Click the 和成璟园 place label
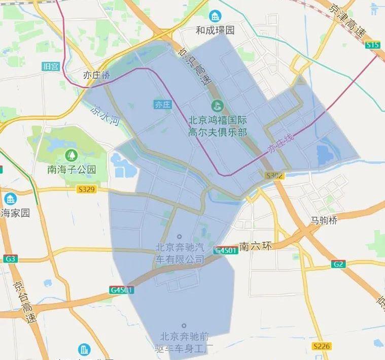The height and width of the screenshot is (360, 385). pos(216,30)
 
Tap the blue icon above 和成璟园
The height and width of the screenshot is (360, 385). pos(216,16)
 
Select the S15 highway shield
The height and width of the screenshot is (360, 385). pos(373,45)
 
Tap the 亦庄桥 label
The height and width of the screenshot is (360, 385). pos(96,75)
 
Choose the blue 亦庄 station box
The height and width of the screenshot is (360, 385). pos(162,105)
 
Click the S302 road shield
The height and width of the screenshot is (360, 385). pos(274,176)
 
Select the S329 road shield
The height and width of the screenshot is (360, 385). pos(86,189)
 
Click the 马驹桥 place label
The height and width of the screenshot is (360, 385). pos(324,220)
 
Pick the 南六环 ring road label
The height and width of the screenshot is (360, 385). pos(256,246)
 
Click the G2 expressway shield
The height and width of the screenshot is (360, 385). pos(338,264)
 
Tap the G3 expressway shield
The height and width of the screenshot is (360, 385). pos(10,259)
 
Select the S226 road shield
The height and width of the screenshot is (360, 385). pos(321,346)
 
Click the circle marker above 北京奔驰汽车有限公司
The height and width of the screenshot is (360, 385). pos(180,237)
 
